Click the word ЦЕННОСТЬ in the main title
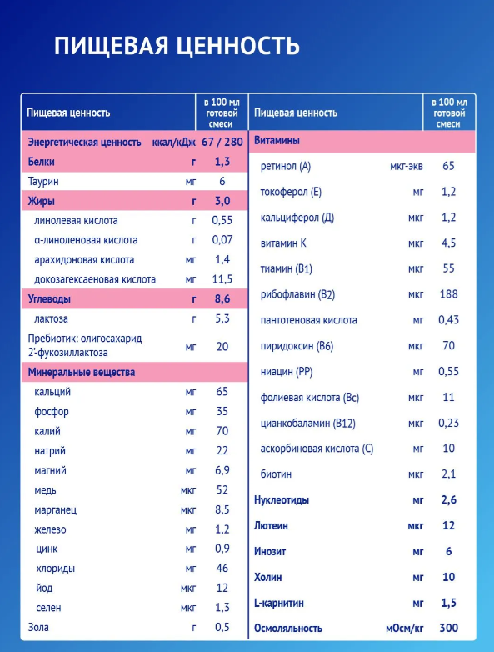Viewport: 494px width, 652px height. [237, 46]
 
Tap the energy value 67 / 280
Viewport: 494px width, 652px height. [222, 143]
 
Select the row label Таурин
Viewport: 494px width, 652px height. [43, 182]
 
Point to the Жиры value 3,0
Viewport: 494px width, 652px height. [222, 201]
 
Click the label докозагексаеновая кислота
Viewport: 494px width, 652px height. [95, 279]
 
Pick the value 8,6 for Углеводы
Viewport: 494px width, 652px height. [222, 299]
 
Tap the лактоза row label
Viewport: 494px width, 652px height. [51, 319]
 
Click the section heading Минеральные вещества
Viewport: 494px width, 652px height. [82, 372]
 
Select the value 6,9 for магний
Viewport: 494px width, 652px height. [222, 470]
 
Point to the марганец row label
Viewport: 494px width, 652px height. [56, 510]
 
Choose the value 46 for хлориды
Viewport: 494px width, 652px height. [222, 568]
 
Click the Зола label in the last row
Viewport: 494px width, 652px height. [38, 627]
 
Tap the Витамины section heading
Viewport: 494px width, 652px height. [277, 141]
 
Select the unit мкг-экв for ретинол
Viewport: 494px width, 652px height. [407, 167]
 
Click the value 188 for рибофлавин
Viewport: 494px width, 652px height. [449, 294]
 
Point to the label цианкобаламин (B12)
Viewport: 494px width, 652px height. [308, 424]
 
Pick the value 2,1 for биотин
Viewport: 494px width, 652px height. [449, 474]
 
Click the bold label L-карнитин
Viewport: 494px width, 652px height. [279, 603]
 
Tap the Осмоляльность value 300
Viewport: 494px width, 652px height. [449, 628]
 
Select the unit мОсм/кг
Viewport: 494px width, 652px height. [404, 629]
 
